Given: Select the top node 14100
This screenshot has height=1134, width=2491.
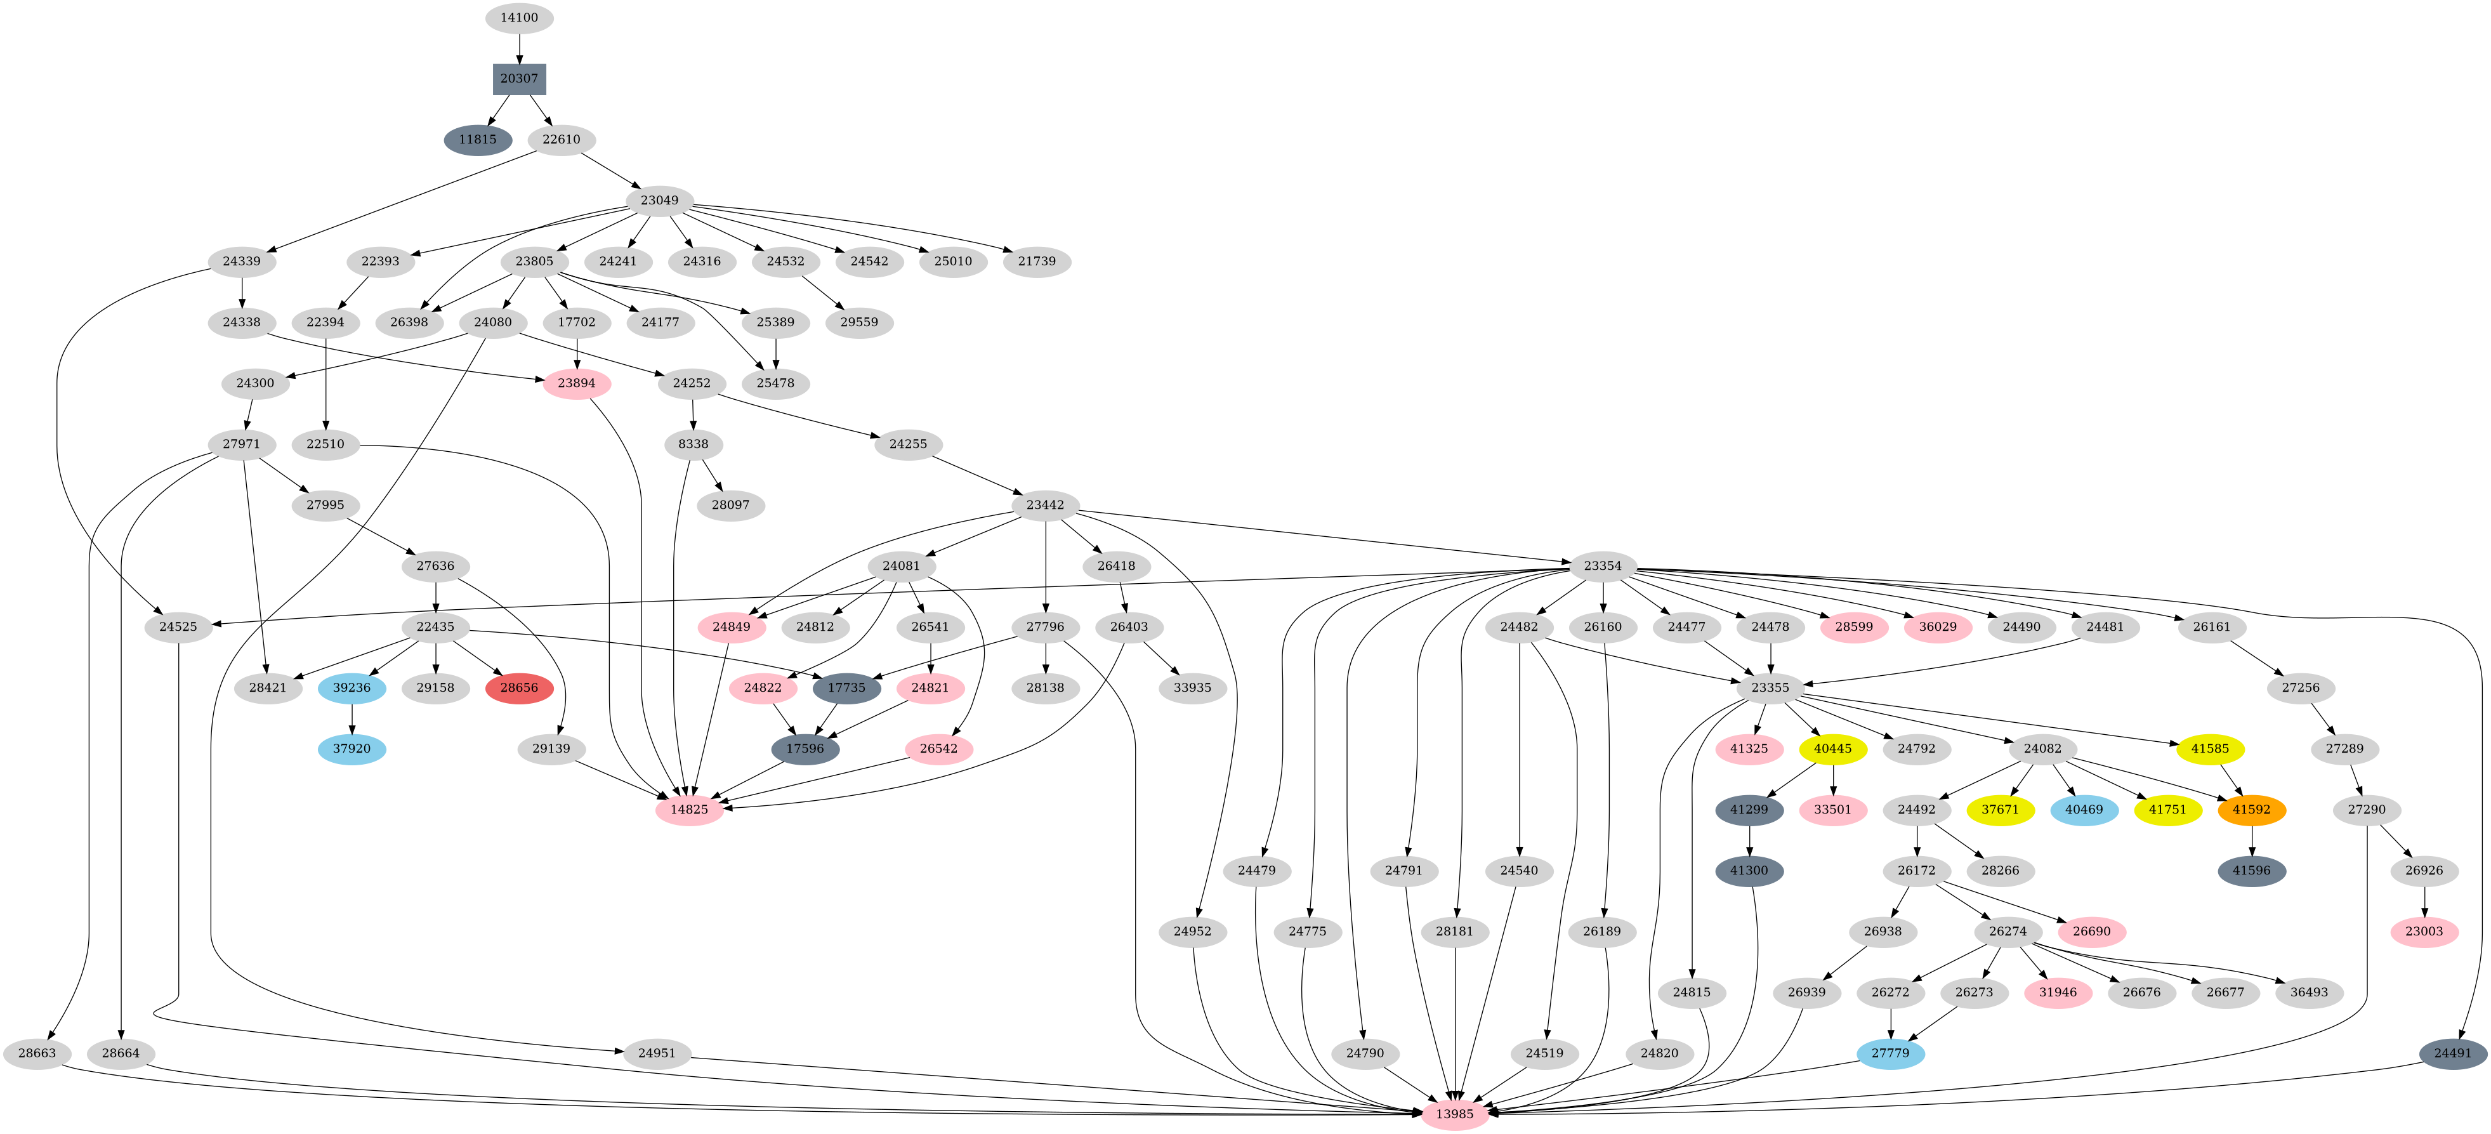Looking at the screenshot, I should [x=519, y=17].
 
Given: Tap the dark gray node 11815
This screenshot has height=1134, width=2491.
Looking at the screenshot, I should [x=478, y=139].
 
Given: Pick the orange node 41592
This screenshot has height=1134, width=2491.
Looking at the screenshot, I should [x=2251, y=809].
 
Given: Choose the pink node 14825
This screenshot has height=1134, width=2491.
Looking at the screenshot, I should [x=688, y=809].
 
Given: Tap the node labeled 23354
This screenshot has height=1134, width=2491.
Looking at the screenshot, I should [x=1602, y=565].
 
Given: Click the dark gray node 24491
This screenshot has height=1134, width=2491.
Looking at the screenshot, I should [x=2452, y=1053].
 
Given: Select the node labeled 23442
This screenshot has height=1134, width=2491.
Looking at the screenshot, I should [x=1046, y=504].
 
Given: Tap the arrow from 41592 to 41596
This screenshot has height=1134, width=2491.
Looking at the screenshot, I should [x=2251, y=839].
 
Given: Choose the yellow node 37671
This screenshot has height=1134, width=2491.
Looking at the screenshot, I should [x=2000, y=809].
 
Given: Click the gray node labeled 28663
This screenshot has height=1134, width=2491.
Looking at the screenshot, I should [x=37, y=1053].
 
